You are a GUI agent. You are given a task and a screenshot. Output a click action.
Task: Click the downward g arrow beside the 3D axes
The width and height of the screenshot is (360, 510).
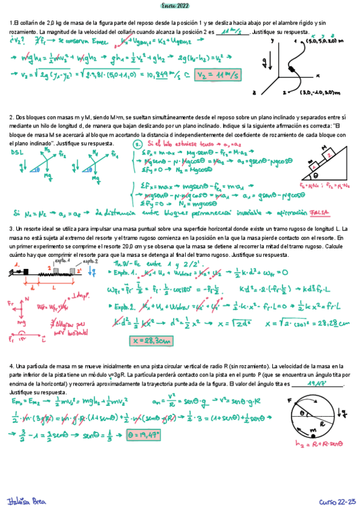click(265, 62)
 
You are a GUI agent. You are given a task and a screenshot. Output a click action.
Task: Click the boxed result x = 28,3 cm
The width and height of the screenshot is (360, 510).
click(149, 341)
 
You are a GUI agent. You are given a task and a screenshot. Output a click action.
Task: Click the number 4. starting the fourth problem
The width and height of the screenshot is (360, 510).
click(11, 366)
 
